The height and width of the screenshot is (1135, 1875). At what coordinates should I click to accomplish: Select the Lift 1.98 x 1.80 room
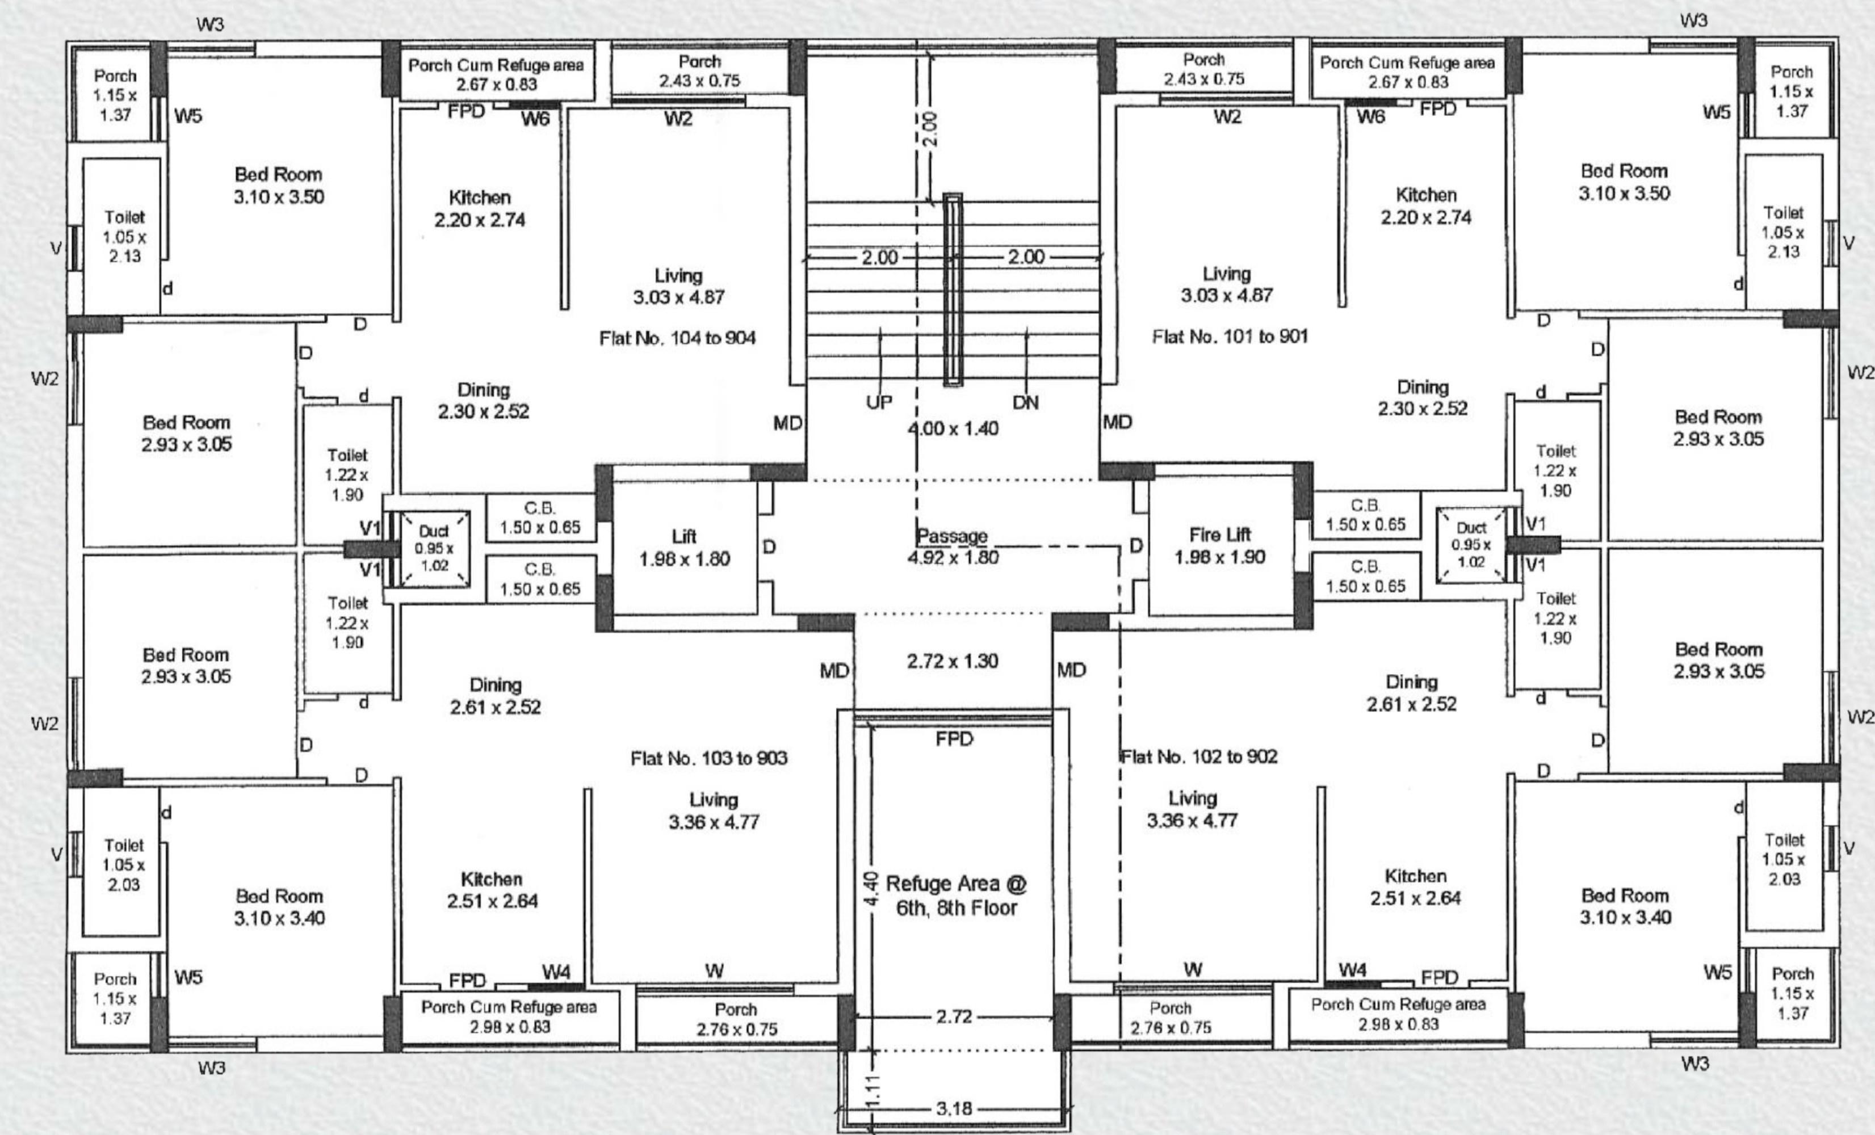pos(684,548)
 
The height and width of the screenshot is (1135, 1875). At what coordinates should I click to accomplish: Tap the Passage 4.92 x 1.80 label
pos(952,546)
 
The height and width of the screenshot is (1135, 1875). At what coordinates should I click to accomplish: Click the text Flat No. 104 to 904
pos(677,338)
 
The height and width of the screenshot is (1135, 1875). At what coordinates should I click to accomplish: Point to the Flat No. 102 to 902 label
pos(1199,756)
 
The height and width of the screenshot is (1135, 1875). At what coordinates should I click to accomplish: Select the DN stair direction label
pos(1025,402)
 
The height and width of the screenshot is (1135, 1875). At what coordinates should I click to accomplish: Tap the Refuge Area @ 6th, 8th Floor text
pos(957,896)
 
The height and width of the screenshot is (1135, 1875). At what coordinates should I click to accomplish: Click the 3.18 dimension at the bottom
pos(954,1108)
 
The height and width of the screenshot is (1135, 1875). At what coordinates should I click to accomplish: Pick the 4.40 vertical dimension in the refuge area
pos(873,889)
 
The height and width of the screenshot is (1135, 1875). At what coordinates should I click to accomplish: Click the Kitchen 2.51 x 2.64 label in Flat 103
pos(492,890)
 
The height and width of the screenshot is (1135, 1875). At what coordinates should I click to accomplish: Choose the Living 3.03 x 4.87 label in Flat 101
pos(1226,284)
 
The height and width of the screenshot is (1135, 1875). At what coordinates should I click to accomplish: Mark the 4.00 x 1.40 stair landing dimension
pos(953,428)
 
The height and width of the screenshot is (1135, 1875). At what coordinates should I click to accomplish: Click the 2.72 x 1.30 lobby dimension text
pos(952,661)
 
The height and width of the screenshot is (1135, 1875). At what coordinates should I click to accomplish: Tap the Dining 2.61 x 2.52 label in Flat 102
pos(1412,692)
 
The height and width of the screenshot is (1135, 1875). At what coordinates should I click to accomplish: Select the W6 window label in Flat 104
pos(535,119)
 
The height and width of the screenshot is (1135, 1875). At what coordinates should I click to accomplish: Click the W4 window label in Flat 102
pos(1352,969)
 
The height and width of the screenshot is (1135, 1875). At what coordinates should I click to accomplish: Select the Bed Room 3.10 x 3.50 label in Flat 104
pos(279,186)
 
